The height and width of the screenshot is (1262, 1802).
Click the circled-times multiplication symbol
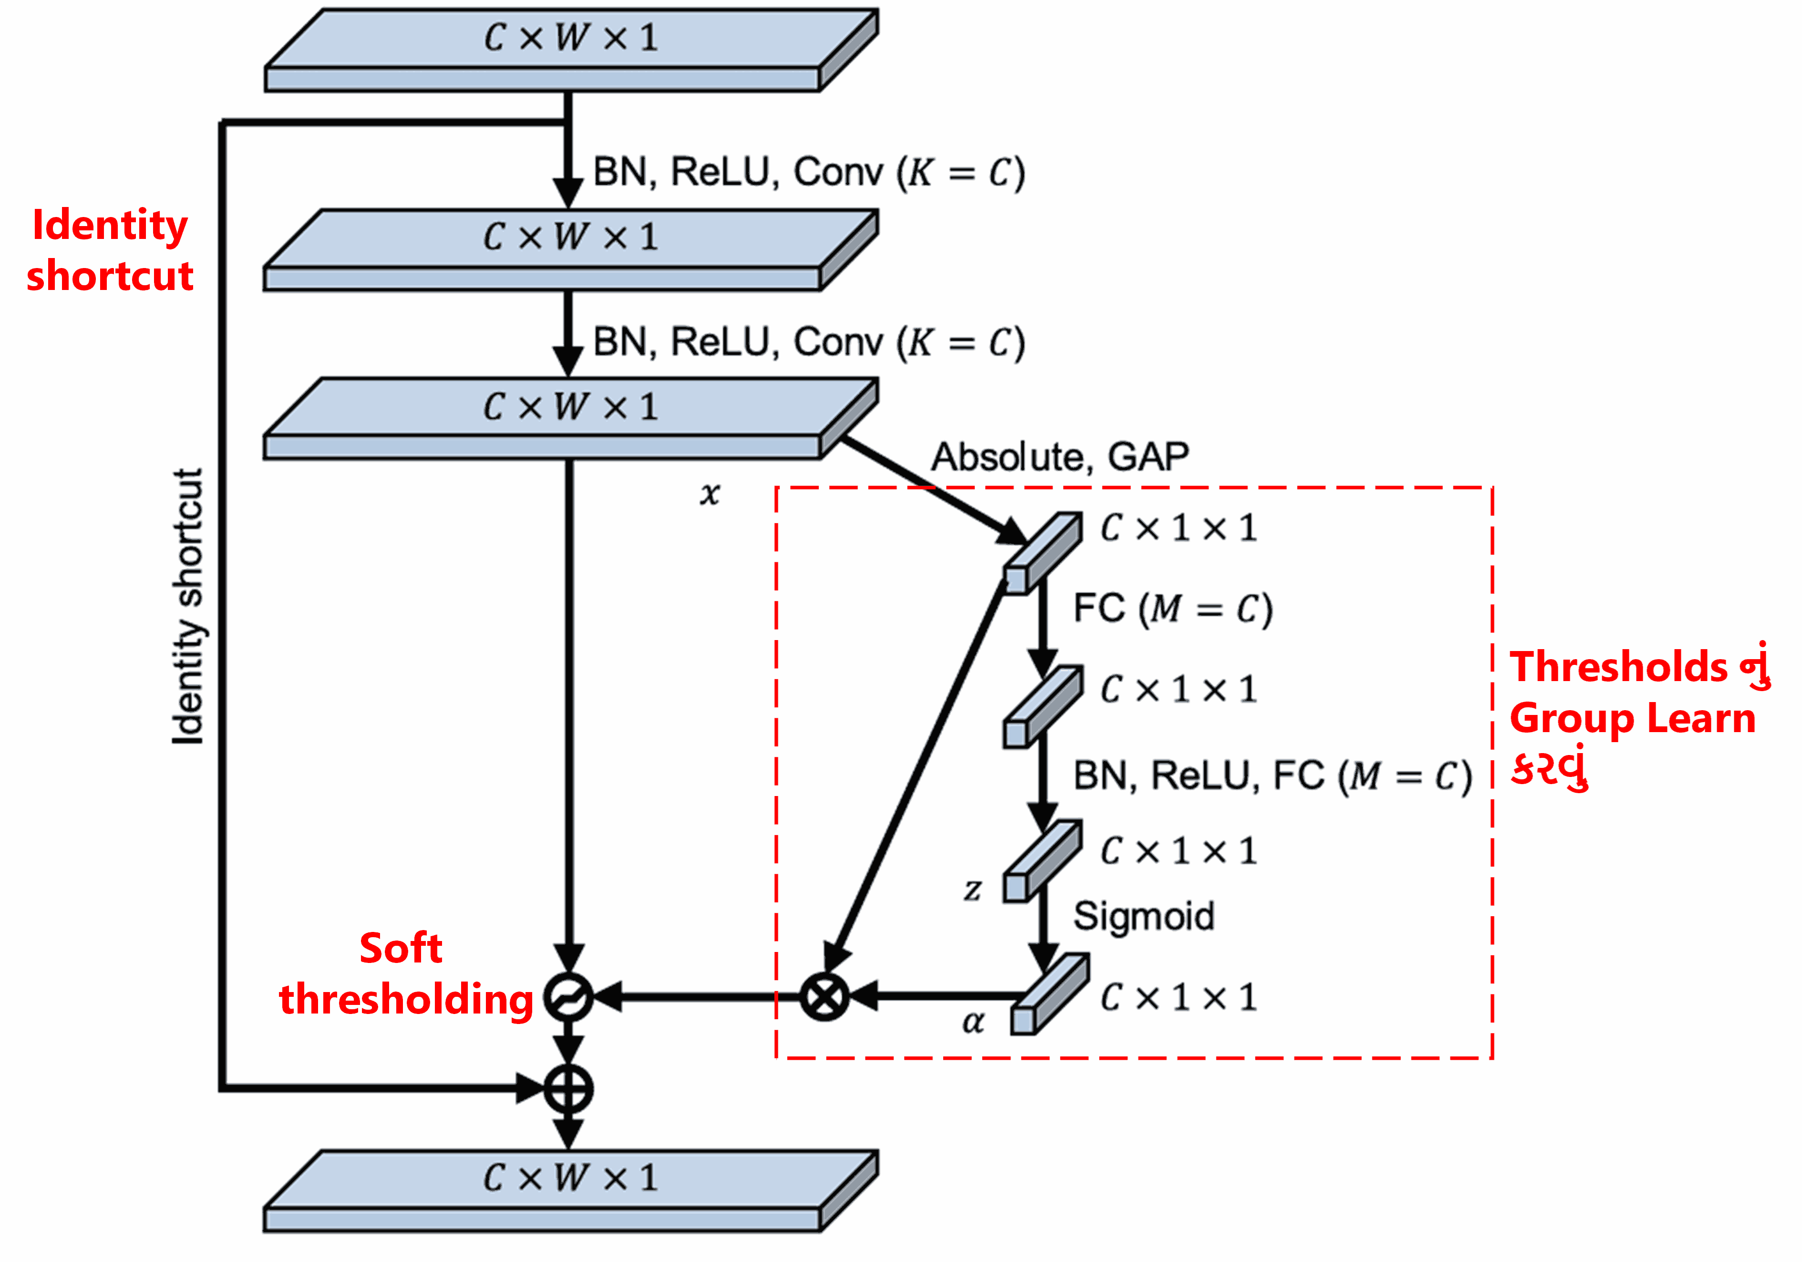[824, 997]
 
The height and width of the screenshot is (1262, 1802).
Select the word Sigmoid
[1143, 916]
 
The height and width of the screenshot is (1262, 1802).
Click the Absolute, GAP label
[1060, 457]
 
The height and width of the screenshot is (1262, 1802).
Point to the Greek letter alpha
[973, 1021]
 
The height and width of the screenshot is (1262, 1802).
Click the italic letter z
[972, 889]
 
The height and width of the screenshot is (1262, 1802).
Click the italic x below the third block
[710, 494]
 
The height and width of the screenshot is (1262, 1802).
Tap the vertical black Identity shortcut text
[188, 606]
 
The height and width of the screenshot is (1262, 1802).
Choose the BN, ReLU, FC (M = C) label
[1271, 776]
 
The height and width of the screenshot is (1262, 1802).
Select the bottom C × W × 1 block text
[571, 1177]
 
